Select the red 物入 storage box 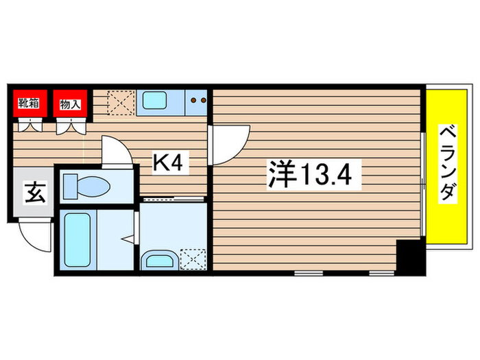pos(71,105)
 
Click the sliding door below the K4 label pos(175,198)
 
